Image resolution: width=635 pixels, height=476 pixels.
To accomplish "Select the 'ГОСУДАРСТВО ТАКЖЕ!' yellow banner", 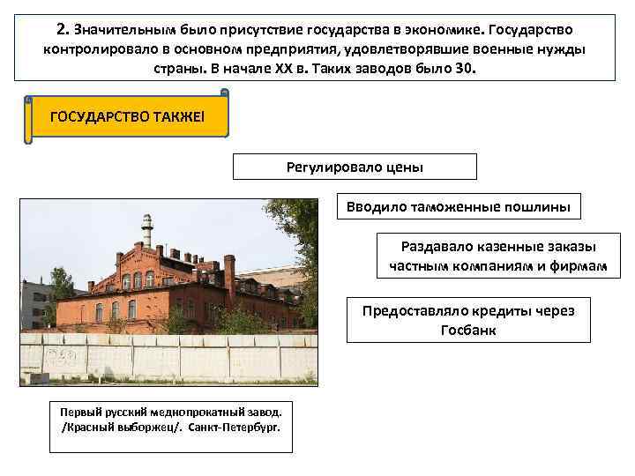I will point(129,116).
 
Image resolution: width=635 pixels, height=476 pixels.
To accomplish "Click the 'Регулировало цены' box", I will point(355,167).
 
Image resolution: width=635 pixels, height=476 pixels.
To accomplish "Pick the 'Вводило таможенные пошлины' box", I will point(459,207).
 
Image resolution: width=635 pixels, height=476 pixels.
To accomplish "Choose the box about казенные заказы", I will point(498,256).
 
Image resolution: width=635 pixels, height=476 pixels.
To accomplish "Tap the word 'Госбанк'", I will point(468,330).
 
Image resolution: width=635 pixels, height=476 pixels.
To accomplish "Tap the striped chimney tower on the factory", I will point(147,231).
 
